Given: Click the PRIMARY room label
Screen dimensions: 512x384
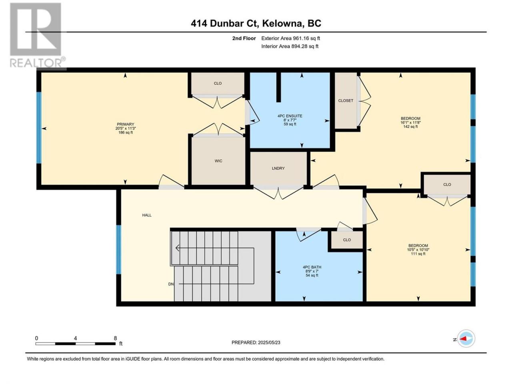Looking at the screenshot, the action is (126, 124).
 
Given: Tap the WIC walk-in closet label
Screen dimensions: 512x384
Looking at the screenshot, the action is (218, 161).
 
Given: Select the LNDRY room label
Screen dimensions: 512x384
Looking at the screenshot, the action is (278, 168).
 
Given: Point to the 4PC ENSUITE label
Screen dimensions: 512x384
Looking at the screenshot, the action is (290, 116).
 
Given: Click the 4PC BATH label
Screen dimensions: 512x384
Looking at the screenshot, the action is (312, 267).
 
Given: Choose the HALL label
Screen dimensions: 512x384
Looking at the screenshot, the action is (147, 215).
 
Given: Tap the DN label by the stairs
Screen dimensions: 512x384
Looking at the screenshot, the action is (171, 284).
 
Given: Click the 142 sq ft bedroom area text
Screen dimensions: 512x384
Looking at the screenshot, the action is (410, 127).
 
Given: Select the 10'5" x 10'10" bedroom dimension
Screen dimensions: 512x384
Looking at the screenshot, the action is (418, 250).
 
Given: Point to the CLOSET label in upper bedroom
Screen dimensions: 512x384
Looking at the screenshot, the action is (346, 100).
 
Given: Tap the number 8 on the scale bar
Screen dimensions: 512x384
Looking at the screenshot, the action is (115, 338).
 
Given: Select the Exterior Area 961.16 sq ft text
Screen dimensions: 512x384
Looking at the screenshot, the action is (290, 38).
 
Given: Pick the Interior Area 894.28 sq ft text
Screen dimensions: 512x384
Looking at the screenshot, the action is (290, 46).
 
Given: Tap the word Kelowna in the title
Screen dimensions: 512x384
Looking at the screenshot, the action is (282, 23).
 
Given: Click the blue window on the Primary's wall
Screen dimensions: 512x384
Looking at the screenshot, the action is (39, 128).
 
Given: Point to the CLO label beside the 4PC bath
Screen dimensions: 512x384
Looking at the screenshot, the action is (347, 240).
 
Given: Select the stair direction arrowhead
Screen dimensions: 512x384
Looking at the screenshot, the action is (177, 248).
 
